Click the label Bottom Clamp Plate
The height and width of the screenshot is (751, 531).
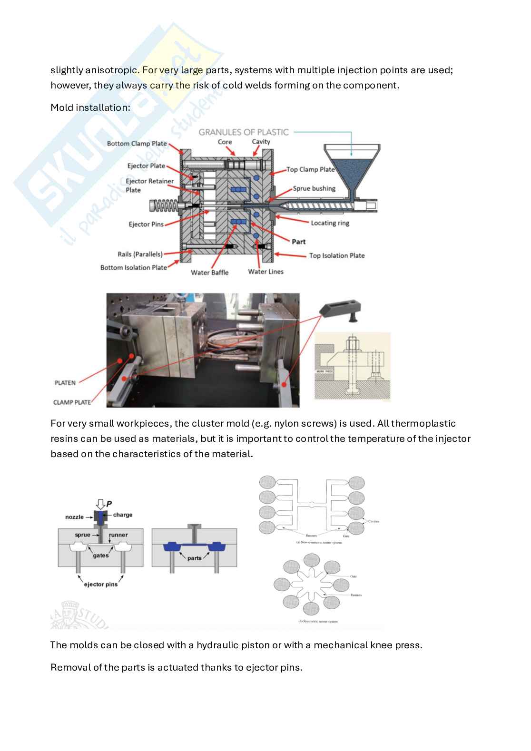[x=137, y=144]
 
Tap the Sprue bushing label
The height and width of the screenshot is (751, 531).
[x=314, y=188]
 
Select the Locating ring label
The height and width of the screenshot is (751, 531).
[x=330, y=223]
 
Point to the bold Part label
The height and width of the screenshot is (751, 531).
[x=299, y=242]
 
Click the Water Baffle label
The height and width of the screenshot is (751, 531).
[x=209, y=273]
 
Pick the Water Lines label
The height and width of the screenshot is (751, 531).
[x=265, y=272]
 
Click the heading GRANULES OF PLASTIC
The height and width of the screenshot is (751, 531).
[x=244, y=132]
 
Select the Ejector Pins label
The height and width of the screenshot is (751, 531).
[x=146, y=224]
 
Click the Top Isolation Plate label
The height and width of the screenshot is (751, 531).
[x=337, y=255]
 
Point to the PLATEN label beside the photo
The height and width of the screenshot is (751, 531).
[x=65, y=383]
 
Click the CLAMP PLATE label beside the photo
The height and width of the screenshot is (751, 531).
[x=72, y=402]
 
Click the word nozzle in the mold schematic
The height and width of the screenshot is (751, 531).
[x=74, y=517]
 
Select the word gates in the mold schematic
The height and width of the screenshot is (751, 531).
[x=101, y=556]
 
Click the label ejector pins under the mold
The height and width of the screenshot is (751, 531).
[x=100, y=585]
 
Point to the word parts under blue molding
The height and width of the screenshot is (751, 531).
[x=194, y=558]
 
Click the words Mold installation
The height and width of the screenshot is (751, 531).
[x=90, y=107]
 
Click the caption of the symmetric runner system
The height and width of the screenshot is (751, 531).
[x=318, y=621]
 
